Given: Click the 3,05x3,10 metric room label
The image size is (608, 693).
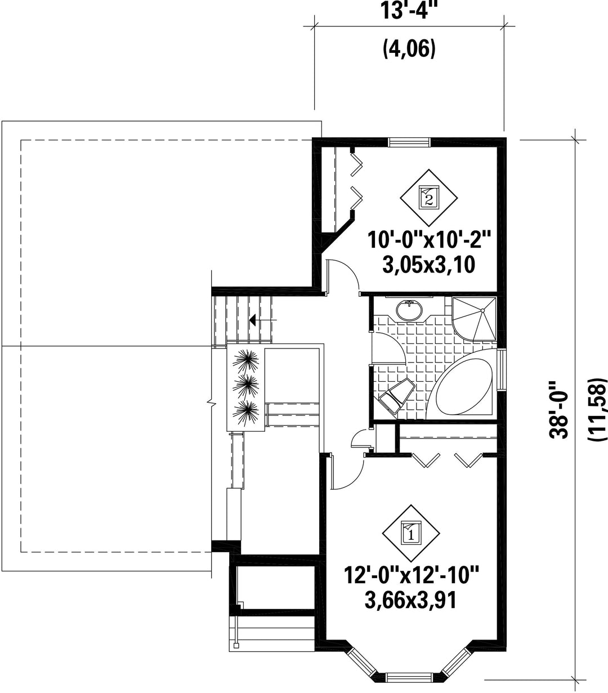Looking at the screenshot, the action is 429,265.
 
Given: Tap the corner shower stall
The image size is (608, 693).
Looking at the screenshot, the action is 474,319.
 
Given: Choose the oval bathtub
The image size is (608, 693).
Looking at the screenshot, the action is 461,386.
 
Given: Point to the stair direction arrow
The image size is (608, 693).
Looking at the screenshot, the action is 263,320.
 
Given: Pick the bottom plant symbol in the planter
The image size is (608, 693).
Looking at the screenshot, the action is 245,414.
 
